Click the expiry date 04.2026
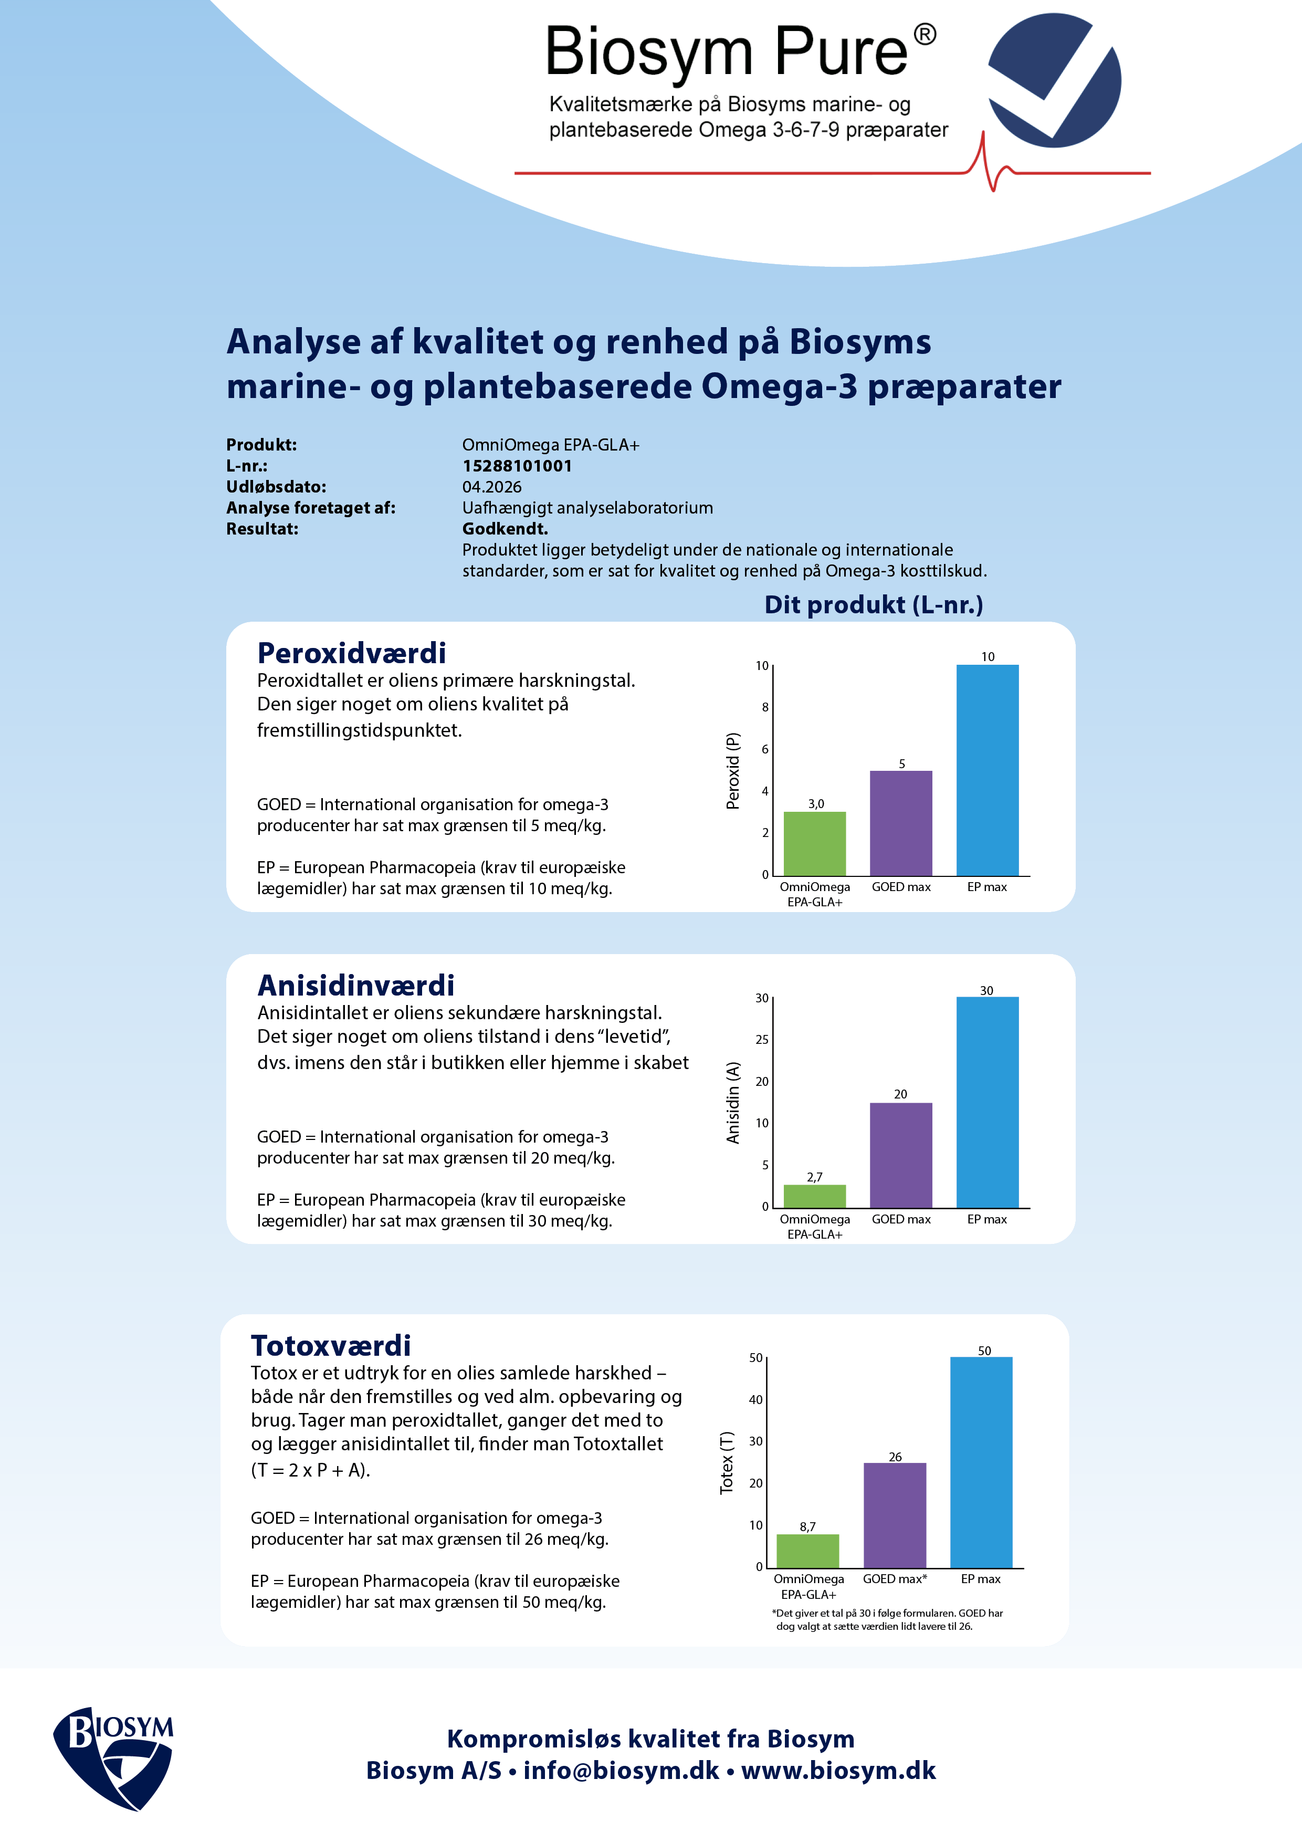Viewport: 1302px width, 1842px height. pyautogui.click(x=492, y=487)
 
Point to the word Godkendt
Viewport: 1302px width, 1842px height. pyautogui.click(x=505, y=529)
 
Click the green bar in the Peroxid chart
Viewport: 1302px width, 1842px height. pyautogui.click(x=814, y=843)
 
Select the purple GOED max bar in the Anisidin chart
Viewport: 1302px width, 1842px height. pyautogui.click(x=901, y=1155)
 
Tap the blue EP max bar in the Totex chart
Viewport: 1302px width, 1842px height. pyautogui.click(x=981, y=1462)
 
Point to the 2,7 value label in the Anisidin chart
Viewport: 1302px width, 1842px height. pyautogui.click(x=814, y=1177)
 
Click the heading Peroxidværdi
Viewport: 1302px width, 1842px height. pyautogui.click(x=351, y=653)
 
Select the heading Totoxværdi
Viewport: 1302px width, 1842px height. pyautogui.click(x=331, y=1345)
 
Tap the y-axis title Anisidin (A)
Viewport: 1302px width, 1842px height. pyautogui.click(x=732, y=1102)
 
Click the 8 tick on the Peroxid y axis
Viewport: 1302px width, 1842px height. pyautogui.click(x=764, y=707)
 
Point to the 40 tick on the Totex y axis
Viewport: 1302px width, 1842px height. pyautogui.click(x=755, y=1399)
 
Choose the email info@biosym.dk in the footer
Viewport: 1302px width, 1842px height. pyautogui.click(x=621, y=1770)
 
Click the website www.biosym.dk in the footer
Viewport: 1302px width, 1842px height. pyautogui.click(x=838, y=1770)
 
